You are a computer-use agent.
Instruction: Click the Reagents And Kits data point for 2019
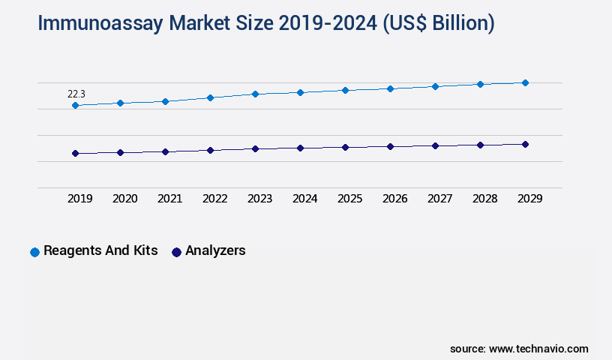[75, 106]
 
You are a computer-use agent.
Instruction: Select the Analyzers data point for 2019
[75, 153]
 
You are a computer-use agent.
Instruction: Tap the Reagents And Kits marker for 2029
[525, 82]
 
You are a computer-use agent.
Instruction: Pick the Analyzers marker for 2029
[525, 144]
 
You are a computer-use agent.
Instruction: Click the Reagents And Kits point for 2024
[300, 92]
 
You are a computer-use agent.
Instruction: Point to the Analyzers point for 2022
[210, 150]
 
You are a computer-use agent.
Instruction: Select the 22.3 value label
[76, 94]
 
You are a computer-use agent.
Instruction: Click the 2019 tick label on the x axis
[79, 199]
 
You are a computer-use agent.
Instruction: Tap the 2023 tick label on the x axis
[259, 199]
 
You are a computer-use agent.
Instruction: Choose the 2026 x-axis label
[394, 199]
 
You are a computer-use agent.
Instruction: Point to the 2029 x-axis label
[529, 199]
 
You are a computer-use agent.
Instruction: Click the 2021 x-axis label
[169, 199]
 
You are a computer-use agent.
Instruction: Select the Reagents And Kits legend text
[100, 250]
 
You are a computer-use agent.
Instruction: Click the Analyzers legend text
[215, 250]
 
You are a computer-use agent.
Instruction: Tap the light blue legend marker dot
[34, 252]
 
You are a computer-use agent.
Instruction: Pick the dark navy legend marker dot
[176, 252]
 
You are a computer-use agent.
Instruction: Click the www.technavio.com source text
[538, 349]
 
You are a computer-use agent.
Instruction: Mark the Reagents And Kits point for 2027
[435, 86]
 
